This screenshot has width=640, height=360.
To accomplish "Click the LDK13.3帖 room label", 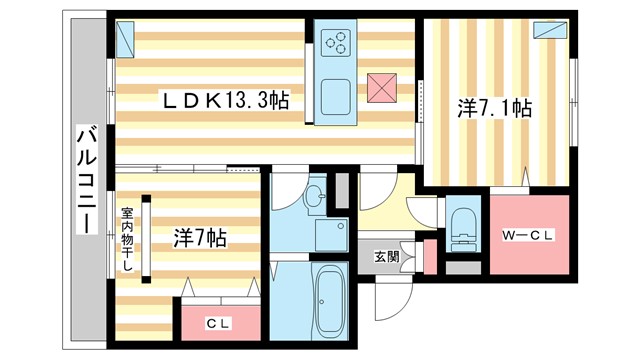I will click(x=227, y=100).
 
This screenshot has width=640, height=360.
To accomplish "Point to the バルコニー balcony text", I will click(x=87, y=181).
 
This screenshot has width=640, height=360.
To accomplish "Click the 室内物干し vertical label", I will click(x=128, y=245).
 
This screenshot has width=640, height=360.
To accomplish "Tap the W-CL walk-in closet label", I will click(x=528, y=235).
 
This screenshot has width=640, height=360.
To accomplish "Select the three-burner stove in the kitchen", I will click(x=337, y=43).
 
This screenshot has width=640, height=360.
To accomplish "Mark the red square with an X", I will click(x=382, y=88).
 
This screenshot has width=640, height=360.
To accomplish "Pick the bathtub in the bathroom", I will click(x=327, y=300).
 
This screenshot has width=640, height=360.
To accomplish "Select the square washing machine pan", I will click(x=329, y=235).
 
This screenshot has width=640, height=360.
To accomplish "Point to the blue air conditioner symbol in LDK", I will click(x=126, y=39).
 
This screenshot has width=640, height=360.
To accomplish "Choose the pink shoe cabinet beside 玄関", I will click(x=431, y=257).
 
